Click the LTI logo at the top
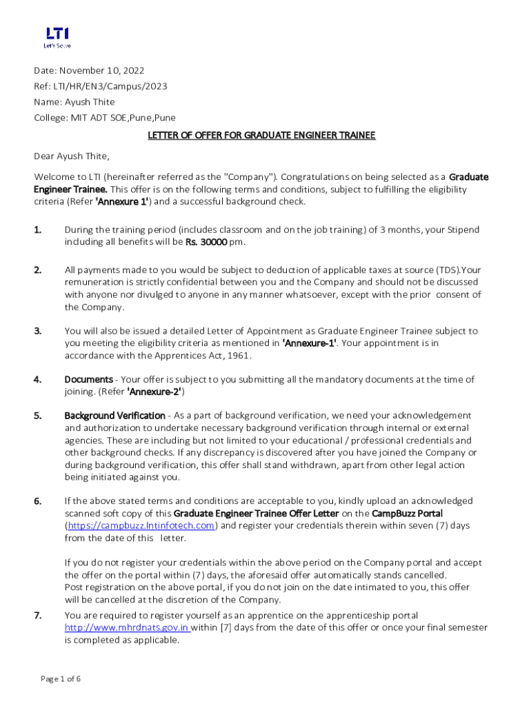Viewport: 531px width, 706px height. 57,37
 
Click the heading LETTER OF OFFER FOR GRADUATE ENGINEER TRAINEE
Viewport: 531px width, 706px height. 261,135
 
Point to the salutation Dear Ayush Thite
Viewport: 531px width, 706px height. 72,156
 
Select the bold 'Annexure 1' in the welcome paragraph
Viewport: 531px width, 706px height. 121,202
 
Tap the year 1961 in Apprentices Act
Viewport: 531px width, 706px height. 238,356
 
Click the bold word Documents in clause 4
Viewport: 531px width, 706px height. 88,379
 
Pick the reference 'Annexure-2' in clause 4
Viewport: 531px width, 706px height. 156,392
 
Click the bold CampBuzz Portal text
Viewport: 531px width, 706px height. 407,513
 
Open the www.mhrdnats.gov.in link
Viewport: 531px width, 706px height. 126,627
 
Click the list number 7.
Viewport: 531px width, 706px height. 39,615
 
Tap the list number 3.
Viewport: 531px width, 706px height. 39,331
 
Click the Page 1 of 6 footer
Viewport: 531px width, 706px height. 61,679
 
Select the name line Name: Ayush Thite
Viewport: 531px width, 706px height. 74,102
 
